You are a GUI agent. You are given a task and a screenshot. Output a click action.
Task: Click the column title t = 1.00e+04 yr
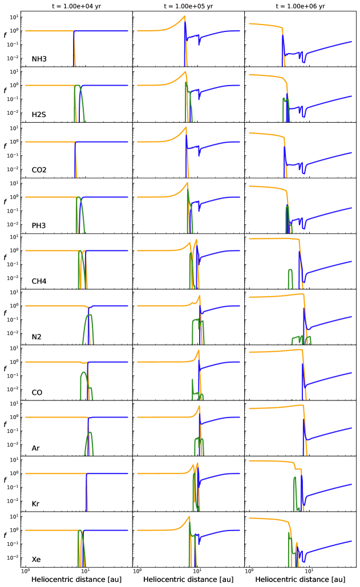pyautogui.click(x=76, y=6)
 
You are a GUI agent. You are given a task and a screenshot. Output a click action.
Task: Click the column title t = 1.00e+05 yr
pyautogui.click(x=188, y=6)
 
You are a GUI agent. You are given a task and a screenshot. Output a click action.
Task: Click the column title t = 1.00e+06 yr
pyautogui.click(x=300, y=6)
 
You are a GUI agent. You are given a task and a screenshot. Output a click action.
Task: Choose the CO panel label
pyautogui.click(x=37, y=392)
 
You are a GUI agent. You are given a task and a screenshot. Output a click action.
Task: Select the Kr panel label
pyautogui.click(x=36, y=504)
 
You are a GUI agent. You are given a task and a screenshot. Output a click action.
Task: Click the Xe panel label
pyautogui.click(x=37, y=560)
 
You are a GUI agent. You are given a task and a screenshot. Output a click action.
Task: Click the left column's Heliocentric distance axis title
pyautogui.click(x=76, y=580)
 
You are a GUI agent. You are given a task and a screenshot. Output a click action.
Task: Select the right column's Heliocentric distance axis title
pyautogui.click(x=300, y=580)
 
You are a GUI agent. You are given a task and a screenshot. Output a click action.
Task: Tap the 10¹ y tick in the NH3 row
pyautogui.click(x=14, y=17)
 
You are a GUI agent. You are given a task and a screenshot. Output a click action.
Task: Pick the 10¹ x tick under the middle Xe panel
pyautogui.click(x=197, y=571)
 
